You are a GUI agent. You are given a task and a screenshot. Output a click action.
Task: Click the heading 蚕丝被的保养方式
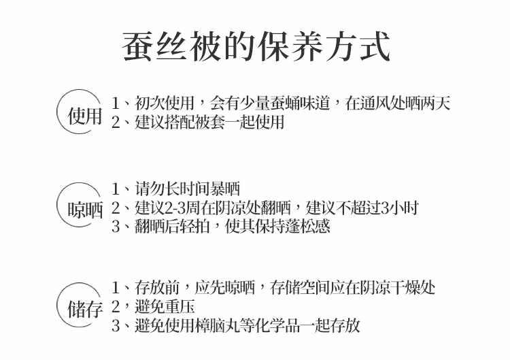(x=256, y=46)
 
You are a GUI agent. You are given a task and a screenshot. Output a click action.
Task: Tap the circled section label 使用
(x=84, y=116)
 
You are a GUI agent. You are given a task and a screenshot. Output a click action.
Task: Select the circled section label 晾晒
(x=85, y=210)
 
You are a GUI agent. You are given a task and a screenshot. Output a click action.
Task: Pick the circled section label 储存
(x=85, y=308)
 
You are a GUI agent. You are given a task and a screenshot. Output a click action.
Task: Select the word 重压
(x=180, y=307)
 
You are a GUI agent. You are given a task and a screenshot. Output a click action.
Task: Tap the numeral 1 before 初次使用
(x=116, y=103)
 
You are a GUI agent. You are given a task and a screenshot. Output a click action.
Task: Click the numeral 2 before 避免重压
(x=116, y=307)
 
